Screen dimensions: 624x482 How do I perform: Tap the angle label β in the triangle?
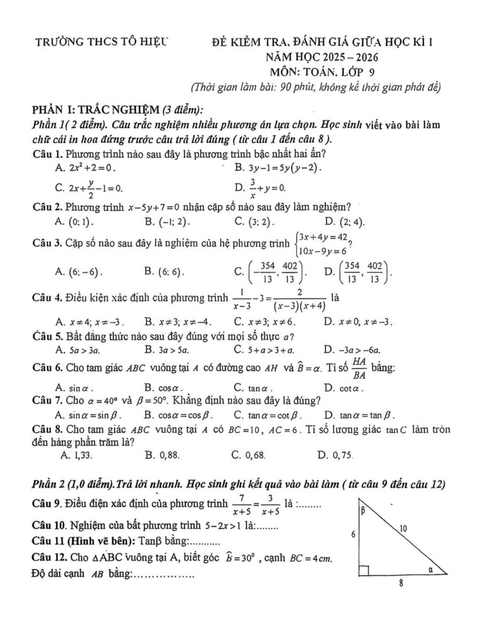tap(363, 512)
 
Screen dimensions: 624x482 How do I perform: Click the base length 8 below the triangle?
tap(400, 583)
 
